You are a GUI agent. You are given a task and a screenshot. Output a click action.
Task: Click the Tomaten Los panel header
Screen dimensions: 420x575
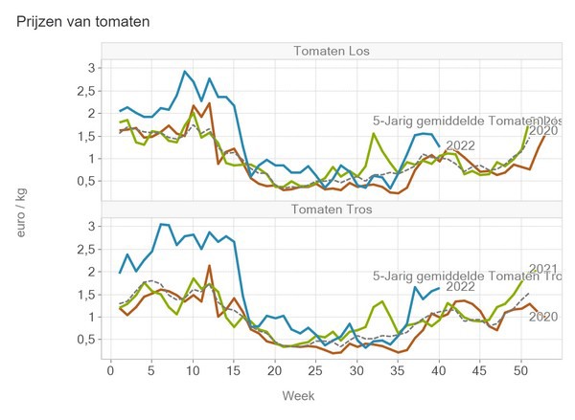click(333, 51)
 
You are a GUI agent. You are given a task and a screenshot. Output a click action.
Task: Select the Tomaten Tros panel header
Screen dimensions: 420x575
click(333, 210)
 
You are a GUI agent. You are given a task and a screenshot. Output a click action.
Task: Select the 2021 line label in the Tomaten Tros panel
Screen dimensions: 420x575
click(543, 269)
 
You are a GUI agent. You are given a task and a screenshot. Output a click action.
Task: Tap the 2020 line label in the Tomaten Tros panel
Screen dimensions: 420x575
click(543, 317)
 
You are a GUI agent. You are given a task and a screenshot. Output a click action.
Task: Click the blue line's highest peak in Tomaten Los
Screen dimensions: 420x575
click(185, 71)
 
